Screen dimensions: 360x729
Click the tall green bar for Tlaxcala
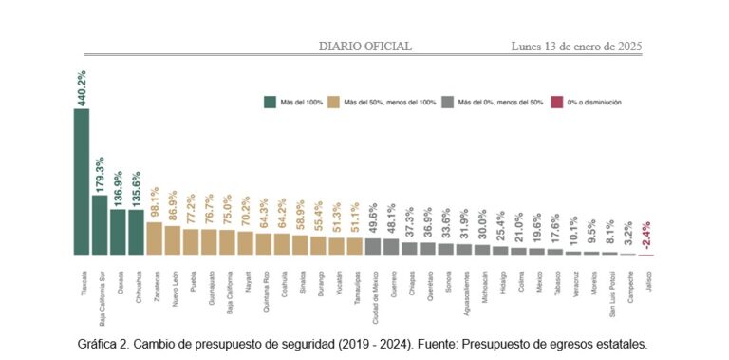tap(82, 180)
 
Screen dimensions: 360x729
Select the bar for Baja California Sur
tap(100, 225)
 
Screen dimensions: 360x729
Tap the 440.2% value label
tap(82, 87)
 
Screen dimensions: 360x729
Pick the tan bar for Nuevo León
tap(173, 240)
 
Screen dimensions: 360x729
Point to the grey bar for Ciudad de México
tap(373, 246)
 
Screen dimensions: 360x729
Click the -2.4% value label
tap(646, 235)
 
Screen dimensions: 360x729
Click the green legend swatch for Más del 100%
tap(271, 103)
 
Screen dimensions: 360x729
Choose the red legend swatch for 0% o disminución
tap(558, 103)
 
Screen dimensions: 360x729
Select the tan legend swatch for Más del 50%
tap(332, 103)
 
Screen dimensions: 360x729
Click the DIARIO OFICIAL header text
tap(364, 46)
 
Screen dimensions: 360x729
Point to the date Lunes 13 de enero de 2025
tap(577, 46)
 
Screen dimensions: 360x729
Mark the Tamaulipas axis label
tap(355, 284)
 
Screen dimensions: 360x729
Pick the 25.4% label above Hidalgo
tap(501, 227)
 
